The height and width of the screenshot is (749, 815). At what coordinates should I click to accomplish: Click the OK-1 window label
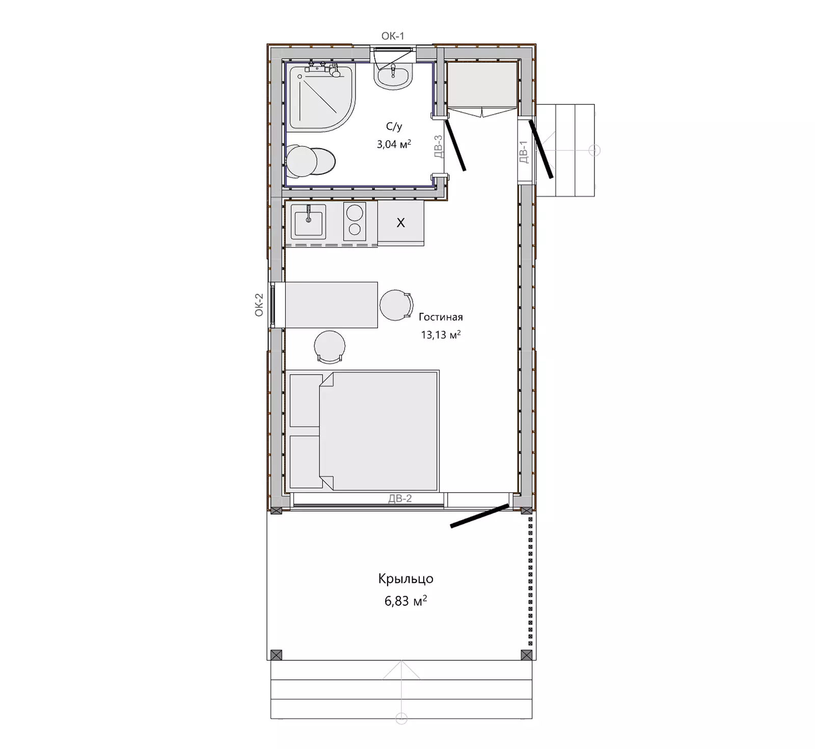(393, 36)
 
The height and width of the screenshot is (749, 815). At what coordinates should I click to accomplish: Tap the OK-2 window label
(259, 305)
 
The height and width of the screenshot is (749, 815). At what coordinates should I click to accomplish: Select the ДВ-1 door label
(523, 152)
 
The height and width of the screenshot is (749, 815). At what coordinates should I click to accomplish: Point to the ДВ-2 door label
(400, 499)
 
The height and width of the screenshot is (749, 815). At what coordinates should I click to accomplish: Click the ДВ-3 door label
(439, 146)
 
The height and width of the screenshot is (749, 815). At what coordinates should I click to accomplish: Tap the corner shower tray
(321, 98)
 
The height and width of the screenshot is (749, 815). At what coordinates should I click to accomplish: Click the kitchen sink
(308, 222)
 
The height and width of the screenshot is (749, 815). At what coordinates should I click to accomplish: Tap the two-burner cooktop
(355, 221)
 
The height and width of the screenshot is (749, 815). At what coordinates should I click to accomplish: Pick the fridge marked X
(401, 223)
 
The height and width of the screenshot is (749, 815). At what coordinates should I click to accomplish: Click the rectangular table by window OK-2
(331, 305)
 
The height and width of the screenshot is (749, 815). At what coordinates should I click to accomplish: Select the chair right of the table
(396, 305)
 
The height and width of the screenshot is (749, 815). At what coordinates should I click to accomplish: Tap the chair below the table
(330, 347)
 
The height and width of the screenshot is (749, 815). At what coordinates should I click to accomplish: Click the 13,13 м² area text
(441, 334)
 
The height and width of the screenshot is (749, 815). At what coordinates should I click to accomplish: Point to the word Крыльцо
(406, 579)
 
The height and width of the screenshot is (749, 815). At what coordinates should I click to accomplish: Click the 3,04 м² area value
(394, 144)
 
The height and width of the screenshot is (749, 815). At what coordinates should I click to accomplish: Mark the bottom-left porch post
(276, 655)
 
